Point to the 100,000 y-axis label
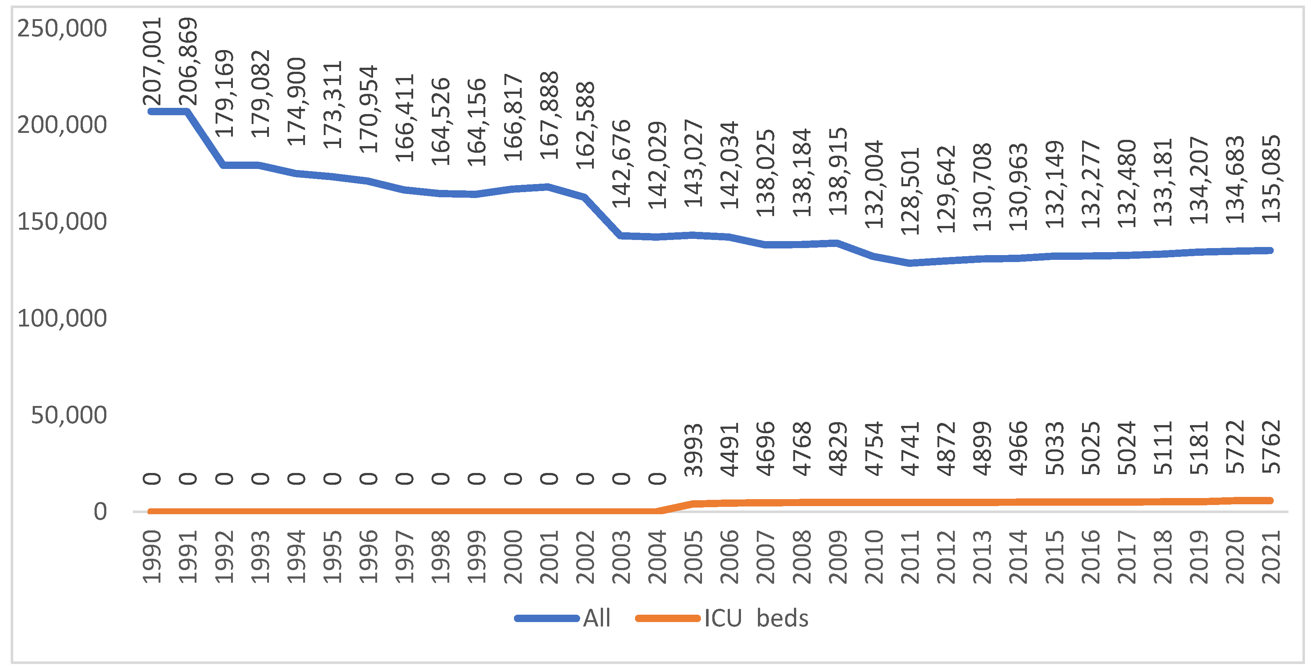(62, 318)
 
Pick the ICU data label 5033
(1055, 448)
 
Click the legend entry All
(596, 618)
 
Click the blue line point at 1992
(224, 165)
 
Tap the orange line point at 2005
(694, 504)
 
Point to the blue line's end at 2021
(1271, 250)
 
